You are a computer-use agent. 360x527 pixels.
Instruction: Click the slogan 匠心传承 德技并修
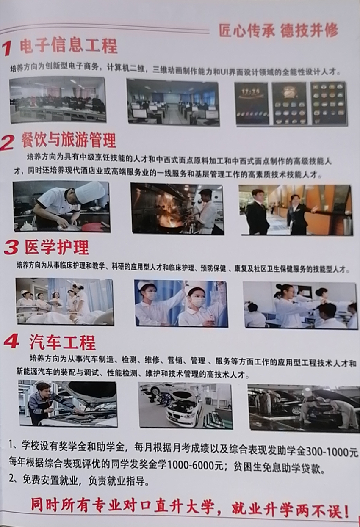[279, 30]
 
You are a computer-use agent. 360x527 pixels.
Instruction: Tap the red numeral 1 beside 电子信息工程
[7, 48]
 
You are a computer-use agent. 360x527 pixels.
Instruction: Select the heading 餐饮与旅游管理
[69, 140]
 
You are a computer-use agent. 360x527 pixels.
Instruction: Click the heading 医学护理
[57, 247]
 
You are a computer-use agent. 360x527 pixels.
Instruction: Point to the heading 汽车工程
[62, 343]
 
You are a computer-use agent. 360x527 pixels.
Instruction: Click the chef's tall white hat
[90, 190]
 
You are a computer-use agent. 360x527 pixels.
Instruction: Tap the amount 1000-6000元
[195, 465]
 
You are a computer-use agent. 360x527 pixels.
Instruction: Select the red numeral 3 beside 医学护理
[11, 248]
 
